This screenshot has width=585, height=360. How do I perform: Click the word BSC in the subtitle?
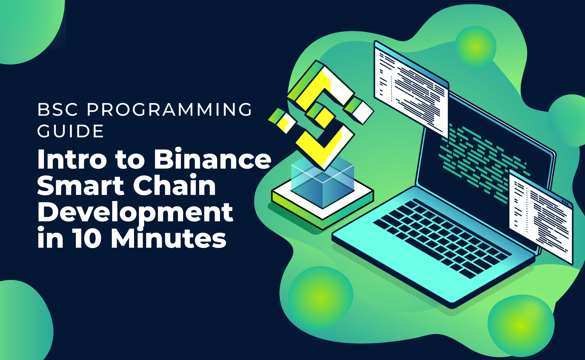click(x=58, y=110)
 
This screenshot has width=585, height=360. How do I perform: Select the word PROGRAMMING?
click(x=170, y=110)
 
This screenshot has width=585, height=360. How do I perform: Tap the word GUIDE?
click(x=71, y=131)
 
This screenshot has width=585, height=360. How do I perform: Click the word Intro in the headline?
click(x=72, y=159)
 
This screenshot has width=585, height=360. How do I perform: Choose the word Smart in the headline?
click(x=81, y=185)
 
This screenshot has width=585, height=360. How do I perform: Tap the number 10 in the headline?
click(x=87, y=238)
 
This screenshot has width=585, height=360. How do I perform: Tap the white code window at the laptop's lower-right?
click(x=541, y=217)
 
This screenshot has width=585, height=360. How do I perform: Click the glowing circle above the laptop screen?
click(x=476, y=47)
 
